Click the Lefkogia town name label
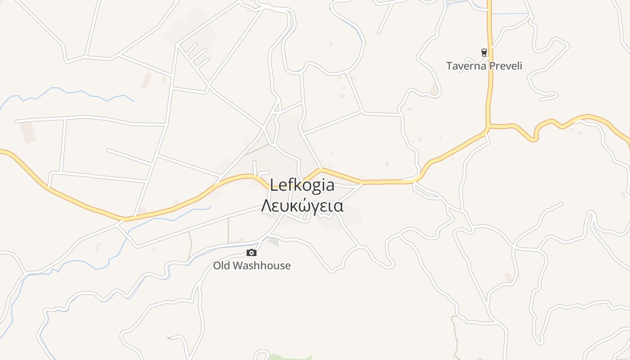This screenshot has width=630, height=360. click(302, 185)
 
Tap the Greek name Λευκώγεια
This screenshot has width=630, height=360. click(302, 206)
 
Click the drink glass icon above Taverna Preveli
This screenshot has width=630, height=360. click(484, 53)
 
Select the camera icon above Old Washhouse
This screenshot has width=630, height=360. click(252, 253)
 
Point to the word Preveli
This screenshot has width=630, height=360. click(505, 66)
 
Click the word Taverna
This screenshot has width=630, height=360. click(466, 66)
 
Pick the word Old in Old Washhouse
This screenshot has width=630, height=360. click(221, 266)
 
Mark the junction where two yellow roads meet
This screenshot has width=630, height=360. click(488, 126)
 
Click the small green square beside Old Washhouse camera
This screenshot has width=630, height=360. click(274, 242)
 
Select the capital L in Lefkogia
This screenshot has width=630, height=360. click(274, 185)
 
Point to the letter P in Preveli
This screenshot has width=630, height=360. click(492, 66)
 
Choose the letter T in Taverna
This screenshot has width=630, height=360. click(450, 66)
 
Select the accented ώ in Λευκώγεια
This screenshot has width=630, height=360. click(302, 206)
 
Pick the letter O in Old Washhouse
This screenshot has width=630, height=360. click(216, 266)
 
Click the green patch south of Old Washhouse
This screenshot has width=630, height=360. click(288, 358)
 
